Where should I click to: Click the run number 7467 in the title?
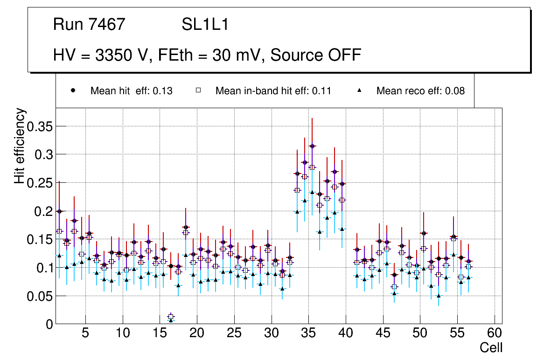[107, 24]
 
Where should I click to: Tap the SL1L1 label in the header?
[205, 24]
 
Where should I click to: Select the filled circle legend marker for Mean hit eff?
[73, 90]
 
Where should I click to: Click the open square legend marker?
[198, 90]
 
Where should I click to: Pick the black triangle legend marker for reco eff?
[360, 90]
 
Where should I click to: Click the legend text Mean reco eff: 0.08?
[420, 91]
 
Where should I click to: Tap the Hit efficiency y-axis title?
[20, 146]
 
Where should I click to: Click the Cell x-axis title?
[491, 348]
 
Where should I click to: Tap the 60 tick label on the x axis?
[495, 334]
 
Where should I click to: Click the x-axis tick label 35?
[308, 334]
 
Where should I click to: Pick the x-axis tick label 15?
[160, 334]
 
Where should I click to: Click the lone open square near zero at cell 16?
[171, 317]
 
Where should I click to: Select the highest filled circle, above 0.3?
[312, 146]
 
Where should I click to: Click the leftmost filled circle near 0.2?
[59, 211]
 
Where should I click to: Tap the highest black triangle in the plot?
[312, 192]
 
